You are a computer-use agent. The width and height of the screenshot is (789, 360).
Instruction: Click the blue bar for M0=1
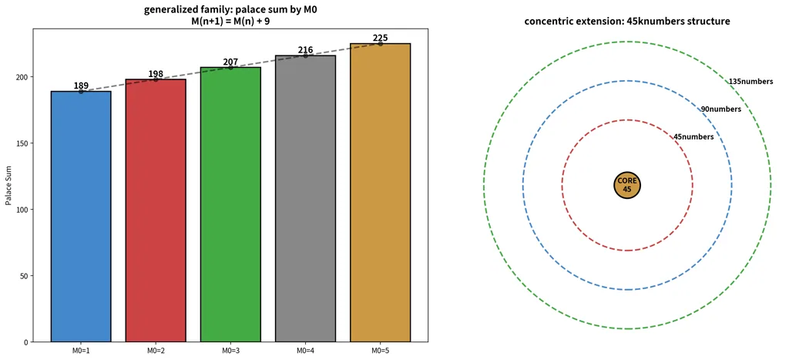(x=80, y=217)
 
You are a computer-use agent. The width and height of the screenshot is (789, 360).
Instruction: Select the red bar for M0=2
(x=156, y=210)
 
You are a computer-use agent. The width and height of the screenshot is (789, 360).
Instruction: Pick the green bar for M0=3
(x=230, y=204)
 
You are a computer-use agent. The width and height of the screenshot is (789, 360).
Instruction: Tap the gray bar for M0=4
(x=305, y=198)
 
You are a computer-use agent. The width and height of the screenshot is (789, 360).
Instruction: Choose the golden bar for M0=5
(x=381, y=193)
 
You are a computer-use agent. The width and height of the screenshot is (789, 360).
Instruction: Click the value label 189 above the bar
(x=80, y=86)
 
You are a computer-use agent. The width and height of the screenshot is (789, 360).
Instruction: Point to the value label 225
(x=381, y=39)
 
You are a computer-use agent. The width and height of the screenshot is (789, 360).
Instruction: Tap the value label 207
(x=230, y=62)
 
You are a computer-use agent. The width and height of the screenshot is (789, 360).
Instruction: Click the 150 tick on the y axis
(x=23, y=143)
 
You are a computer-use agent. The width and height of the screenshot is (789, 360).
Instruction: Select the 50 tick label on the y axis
(x=25, y=276)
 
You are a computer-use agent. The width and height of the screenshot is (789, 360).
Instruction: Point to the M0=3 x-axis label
(x=230, y=350)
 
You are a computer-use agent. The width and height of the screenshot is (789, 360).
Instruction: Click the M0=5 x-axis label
(x=381, y=350)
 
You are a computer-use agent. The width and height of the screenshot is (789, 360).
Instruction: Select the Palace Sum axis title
(x=8, y=185)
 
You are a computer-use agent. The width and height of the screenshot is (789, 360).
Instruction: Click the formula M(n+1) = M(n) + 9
(x=231, y=21)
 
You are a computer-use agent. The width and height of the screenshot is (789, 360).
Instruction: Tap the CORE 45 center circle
(x=627, y=185)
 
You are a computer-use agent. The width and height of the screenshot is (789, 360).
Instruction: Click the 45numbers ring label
(x=693, y=137)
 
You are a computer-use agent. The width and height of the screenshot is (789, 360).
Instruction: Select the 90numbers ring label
(x=721, y=109)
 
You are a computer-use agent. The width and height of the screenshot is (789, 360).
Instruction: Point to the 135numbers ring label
(x=750, y=82)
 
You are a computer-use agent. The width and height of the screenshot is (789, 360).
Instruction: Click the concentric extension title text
(x=627, y=22)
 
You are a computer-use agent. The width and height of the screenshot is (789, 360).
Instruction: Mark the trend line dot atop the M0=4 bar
(x=305, y=56)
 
